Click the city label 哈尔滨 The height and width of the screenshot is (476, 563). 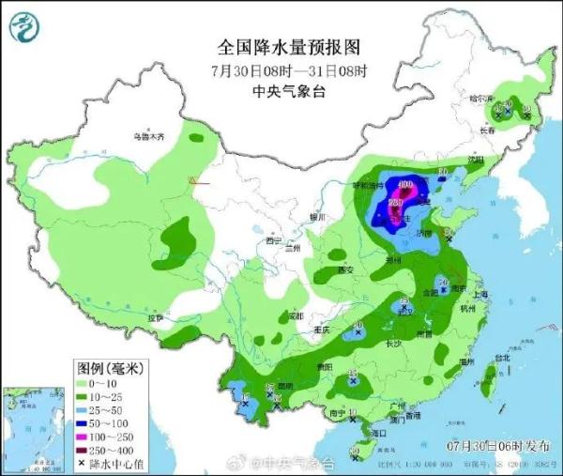pos(479,99)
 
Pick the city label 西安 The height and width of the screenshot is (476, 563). pos(344,270)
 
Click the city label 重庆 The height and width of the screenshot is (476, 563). pos(322,330)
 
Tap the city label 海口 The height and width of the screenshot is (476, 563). pos(378,433)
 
